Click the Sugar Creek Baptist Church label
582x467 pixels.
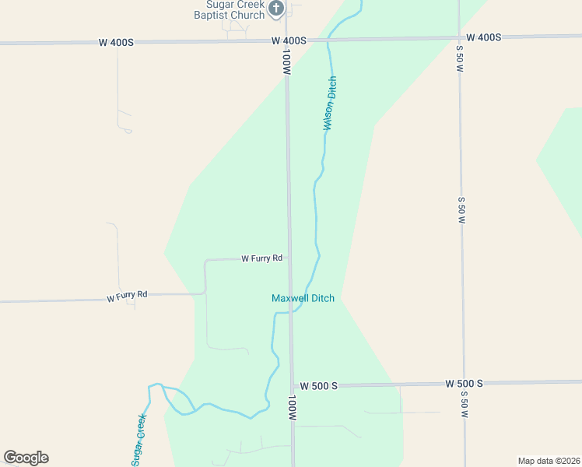click(x=230, y=9)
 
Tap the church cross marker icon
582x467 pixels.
click(x=276, y=9)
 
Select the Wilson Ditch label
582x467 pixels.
click(x=331, y=103)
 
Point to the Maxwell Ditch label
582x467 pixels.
click(x=303, y=298)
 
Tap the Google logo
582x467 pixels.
click(x=26, y=458)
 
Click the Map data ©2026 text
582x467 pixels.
click(x=549, y=461)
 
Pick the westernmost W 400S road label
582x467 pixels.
click(x=116, y=42)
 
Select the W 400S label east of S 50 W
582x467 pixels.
click(x=483, y=37)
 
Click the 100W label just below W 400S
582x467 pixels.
click(x=286, y=62)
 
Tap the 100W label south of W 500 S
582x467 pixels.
click(x=292, y=408)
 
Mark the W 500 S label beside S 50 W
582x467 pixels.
click(x=465, y=383)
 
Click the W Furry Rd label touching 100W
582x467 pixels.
click(x=261, y=258)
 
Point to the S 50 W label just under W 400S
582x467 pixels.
click(x=460, y=58)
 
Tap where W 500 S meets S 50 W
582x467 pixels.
click(x=464, y=383)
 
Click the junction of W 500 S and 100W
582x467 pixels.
click(x=293, y=385)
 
